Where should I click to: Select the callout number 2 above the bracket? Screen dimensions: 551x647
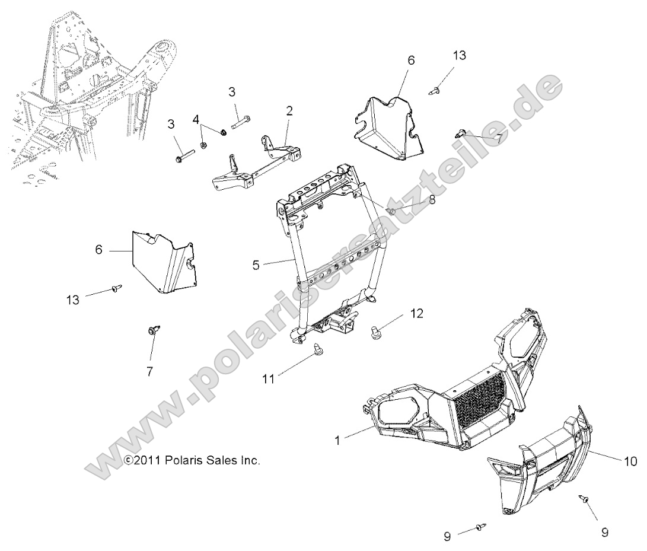pos(289,110)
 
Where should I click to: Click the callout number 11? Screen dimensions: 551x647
pos(269,379)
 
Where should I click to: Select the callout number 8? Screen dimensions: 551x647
pos(432,200)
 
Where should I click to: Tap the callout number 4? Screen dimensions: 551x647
pos(196,120)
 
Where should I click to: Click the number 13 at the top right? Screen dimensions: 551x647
pos(460,56)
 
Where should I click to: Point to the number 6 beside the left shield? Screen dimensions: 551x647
pos(99,250)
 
